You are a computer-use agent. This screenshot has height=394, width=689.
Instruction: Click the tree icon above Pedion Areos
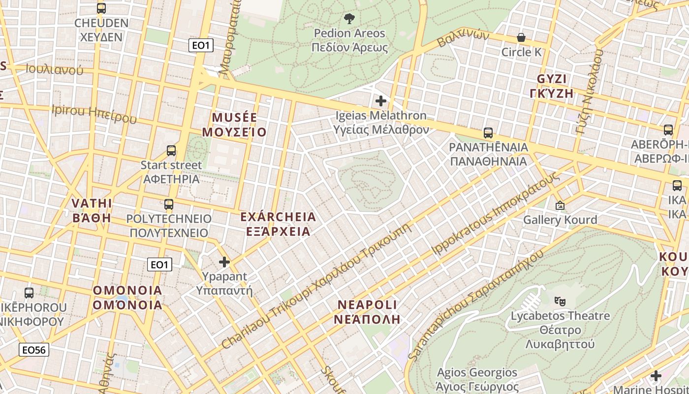tap(349, 19)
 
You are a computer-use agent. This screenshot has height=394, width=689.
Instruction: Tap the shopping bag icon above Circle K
tap(521, 37)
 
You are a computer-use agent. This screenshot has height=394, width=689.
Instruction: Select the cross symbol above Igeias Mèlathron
tap(381, 101)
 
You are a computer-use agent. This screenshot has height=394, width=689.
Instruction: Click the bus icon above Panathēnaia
tap(488, 133)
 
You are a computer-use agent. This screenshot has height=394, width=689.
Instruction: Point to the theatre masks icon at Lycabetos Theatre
tap(560, 300)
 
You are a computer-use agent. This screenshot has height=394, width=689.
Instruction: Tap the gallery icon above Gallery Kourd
tap(560, 205)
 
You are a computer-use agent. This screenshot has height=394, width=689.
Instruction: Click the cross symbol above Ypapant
tap(224, 262)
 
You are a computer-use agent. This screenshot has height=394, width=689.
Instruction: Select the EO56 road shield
tap(34, 350)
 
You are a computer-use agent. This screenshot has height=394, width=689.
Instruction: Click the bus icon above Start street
tap(171, 151)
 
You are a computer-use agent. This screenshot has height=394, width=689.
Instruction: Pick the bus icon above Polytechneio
tap(169, 204)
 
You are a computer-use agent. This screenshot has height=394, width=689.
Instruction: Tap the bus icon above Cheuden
tap(101, 8)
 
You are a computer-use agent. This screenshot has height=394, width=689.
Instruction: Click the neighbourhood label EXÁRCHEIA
tap(278, 217)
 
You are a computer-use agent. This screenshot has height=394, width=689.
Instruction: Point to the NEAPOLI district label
tap(367, 304)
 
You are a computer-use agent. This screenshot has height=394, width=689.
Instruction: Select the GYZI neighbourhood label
tap(552, 79)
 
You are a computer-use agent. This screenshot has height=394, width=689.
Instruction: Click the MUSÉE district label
tap(235, 118)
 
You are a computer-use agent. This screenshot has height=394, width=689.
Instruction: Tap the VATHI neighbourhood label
tap(92, 203)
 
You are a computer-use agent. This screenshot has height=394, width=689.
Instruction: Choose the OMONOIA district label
tap(127, 291)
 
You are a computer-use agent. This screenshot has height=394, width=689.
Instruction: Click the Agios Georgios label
tap(477, 372)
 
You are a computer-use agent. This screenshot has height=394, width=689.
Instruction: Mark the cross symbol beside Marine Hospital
tap(656, 376)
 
